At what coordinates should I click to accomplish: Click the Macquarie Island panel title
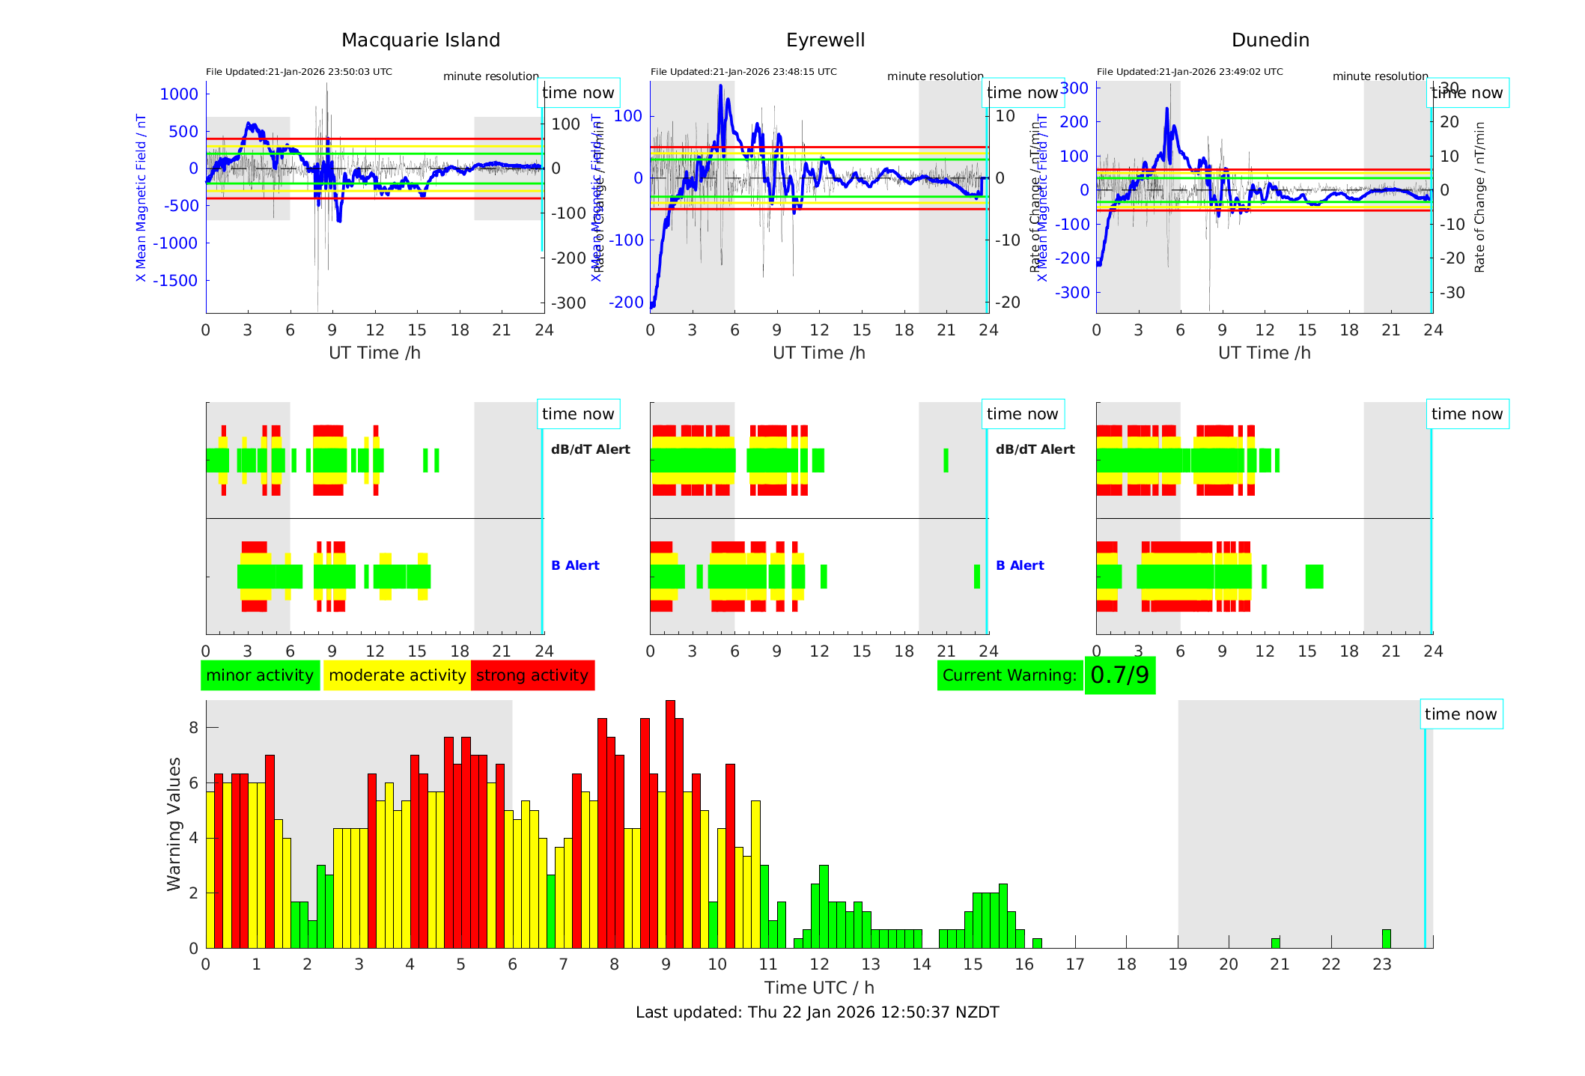click(420, 40)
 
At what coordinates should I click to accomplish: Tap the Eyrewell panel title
click(825, 40)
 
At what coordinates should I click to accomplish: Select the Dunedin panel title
click(1270, 40)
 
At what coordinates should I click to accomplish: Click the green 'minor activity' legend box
click(260, 675)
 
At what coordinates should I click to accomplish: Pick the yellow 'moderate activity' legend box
click(397, 675)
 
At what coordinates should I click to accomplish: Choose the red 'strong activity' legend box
click(532, 675)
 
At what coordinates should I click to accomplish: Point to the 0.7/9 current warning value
click(1119, 675)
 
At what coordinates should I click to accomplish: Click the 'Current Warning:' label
click(1009, 675)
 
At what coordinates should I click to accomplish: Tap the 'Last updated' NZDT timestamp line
click(817, 1012)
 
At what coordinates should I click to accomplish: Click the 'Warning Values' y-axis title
click(174, 824)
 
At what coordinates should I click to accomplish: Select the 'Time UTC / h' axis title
click(819, 988)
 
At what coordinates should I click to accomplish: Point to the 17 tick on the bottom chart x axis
click(1075, 964)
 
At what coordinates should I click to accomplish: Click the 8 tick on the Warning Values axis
click(194, 728)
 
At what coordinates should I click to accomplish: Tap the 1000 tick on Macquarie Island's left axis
click(179, 94)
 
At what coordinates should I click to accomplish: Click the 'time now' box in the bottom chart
click(1460, 714)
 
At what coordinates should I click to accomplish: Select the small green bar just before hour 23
click(1387, 939)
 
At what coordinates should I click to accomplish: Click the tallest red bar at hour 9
click(670, 824)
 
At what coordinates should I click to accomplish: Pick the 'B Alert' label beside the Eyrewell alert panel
click(1020, 565)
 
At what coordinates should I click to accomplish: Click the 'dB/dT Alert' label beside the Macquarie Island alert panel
click(590, 449)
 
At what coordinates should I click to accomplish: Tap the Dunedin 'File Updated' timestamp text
click(1190, 72)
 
